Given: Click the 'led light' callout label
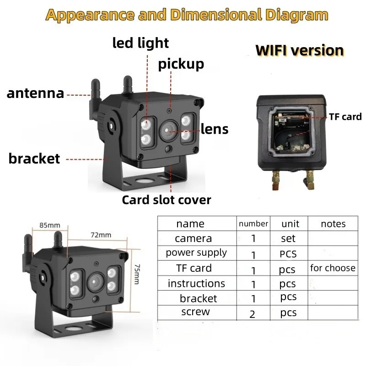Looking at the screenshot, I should pos(140,43).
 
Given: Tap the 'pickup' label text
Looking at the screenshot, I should pos(181,64).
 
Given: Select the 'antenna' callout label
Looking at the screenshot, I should pos(35,93).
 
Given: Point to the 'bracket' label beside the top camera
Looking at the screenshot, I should pos(34,158).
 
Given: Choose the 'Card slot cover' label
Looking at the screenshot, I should pos(167,199).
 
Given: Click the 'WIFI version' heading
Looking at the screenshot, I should pos(300,50).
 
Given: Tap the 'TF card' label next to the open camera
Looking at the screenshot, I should pos(345,117).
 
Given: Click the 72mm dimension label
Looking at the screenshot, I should pos(101,235).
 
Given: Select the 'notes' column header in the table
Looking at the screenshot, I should pos(333,224).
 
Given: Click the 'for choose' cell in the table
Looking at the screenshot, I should pos(333,268).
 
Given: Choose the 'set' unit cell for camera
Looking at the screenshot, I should pos(288,238).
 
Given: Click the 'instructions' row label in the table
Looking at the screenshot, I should pos(196,283).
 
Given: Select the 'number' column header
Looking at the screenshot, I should pos(253,223).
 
